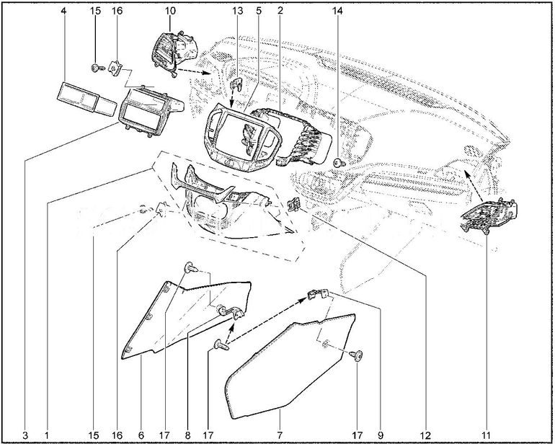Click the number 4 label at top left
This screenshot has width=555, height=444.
[63, 11]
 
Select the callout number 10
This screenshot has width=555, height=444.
[170, 11]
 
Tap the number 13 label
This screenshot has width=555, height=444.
[238, 11]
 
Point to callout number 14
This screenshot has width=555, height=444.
[337, 11]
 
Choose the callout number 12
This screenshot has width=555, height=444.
[426, 435]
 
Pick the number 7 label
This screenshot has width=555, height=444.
[280, 435]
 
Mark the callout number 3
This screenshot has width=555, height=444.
[25, 435]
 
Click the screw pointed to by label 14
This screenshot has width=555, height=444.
[338, 163]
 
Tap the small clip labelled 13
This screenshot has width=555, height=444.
[236, 84]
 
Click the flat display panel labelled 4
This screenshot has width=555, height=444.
[86, 99]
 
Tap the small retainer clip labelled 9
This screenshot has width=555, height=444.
[318, 295]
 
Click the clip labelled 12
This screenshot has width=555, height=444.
[294, 204]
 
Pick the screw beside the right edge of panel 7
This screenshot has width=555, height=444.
[357, 355]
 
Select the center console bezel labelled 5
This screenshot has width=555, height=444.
[242, 138]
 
